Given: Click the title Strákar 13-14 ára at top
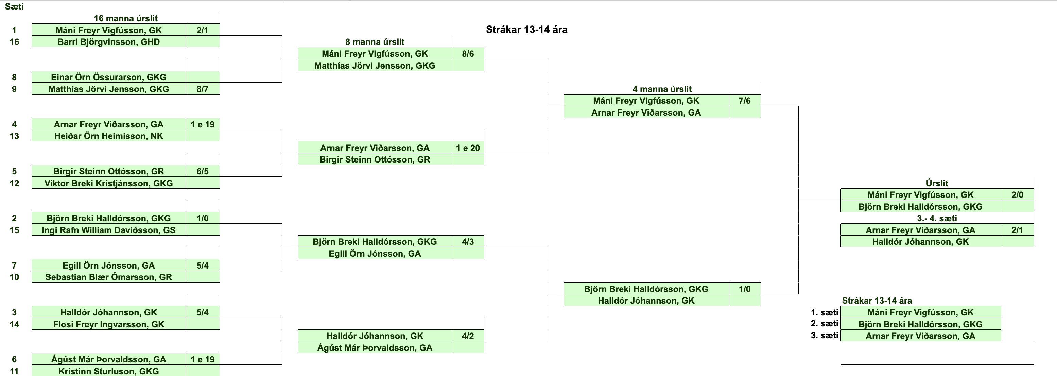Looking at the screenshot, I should point(526,30).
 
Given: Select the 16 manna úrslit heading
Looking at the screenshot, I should point(125,18).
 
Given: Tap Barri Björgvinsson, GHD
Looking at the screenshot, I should point(109,42).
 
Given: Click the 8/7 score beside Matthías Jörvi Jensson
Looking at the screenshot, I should point(202,89).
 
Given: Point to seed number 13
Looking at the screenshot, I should point(14,136).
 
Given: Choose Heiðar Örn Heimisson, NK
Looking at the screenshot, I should point(109,136).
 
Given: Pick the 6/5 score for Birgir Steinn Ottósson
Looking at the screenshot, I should point(202,171).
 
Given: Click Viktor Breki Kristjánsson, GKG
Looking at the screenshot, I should point(109,183).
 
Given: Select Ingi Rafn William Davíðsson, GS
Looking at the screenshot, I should point(109,230).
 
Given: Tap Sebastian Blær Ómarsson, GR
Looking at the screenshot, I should point(109,277).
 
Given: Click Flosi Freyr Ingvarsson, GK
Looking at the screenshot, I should point(109,324).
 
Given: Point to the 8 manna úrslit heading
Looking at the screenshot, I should point(375,42).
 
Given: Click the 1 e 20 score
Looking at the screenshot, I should point(468,148).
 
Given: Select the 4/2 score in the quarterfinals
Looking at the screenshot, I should point(468,336).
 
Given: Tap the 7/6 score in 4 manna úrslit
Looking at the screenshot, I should point(744,101).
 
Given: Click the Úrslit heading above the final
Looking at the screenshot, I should point(937,183).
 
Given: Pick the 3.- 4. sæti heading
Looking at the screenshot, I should point(937,218).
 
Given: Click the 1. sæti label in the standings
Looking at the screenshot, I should point(824,312).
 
